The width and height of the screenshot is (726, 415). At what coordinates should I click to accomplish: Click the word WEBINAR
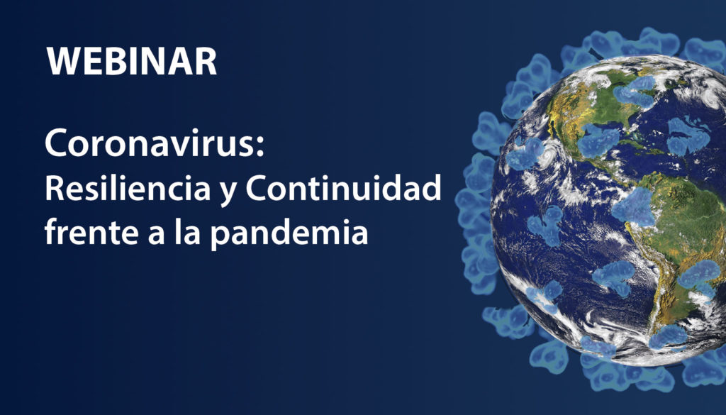pos(131,61)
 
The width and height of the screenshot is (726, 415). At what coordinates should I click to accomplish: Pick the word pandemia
pos(289,233)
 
